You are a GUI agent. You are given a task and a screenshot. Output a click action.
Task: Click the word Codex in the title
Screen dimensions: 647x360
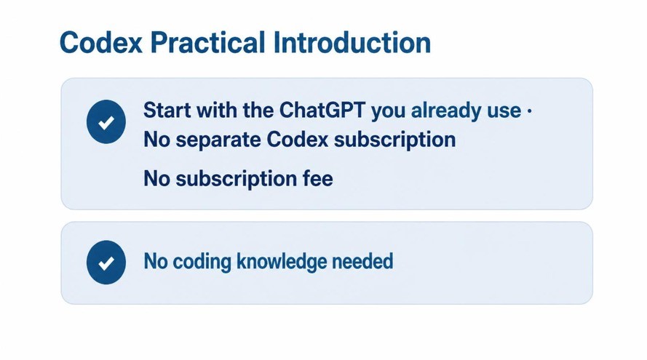pos(101,42)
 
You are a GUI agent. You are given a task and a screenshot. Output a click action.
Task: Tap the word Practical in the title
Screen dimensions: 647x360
pos(207,42)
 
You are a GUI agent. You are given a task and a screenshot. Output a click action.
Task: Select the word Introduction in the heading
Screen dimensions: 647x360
pos(352,42)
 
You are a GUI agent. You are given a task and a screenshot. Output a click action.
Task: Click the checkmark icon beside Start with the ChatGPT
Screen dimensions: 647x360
pos(106,121)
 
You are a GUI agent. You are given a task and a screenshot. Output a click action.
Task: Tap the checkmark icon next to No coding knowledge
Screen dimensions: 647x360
pos(106,263)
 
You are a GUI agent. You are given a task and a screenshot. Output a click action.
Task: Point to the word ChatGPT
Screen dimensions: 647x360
pos(322,110)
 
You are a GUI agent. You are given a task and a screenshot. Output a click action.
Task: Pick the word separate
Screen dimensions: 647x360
pos(218,140)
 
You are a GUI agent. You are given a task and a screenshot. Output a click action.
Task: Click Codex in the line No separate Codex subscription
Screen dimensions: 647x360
pos(297,140)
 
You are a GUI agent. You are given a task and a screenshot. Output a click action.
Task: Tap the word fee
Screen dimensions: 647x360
pos(318,179)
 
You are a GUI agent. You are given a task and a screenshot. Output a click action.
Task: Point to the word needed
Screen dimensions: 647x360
pos(362,261)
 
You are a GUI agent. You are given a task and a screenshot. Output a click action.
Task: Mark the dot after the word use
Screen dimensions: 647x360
pos(529,111)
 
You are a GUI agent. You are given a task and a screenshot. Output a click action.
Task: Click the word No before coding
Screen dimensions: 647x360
pos(156,261)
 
